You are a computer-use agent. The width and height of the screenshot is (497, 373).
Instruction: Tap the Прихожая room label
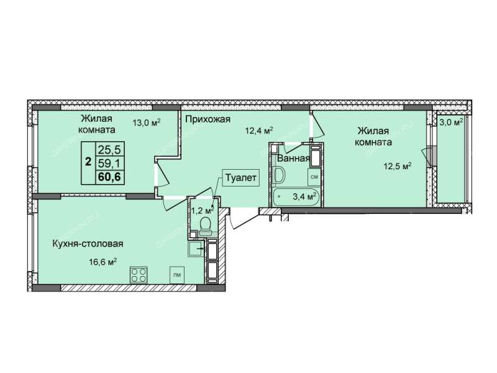tap(207, 119)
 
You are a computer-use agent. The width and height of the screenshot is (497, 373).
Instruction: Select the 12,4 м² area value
tap(259, 130)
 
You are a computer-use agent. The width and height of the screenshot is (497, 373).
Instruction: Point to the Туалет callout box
tap(240, 178)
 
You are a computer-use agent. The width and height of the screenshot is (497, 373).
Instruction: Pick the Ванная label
tap(293, 159)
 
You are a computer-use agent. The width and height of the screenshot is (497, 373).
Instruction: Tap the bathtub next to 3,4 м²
tap(296, 197)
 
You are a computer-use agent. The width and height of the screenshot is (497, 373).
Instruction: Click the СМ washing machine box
tap(314, 177)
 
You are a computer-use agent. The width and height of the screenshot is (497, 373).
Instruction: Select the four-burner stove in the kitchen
tap(139, 275)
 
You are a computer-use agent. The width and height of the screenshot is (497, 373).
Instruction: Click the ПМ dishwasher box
tap(177, 275)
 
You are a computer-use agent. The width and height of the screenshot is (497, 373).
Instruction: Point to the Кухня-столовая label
tap(88, 244)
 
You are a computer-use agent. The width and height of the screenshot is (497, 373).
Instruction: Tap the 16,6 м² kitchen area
tap(103, 262)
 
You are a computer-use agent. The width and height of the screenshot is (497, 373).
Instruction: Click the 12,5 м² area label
tap(398, 166)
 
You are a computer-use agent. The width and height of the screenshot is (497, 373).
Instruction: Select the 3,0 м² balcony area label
tap(452, 122)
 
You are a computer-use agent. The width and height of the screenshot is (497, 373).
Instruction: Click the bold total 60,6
tap(109, 177)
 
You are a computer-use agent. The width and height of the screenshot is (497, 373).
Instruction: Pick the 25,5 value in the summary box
tap(110, 149)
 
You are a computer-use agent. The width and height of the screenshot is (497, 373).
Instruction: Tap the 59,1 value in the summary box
tap(110, 163)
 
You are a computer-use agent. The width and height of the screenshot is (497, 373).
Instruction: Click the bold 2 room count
tap(88, 162)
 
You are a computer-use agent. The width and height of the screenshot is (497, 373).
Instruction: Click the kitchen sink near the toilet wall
tap(196, 249)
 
